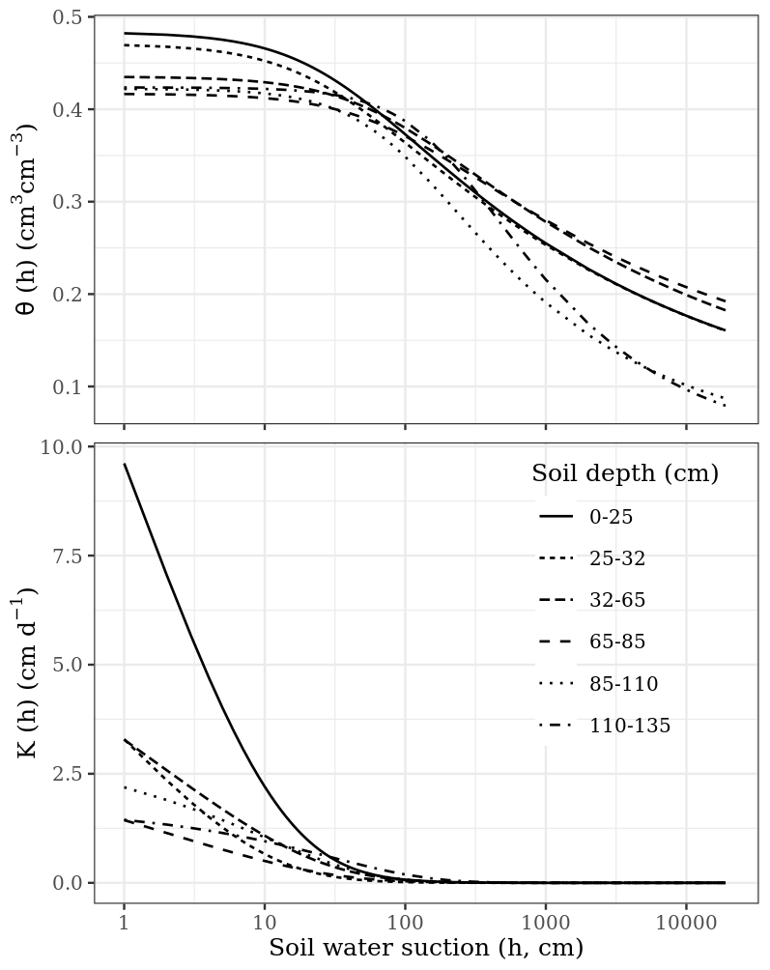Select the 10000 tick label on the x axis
[686, 922]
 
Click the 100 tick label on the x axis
[405, 922]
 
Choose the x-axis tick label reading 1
[124, 922]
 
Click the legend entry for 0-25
[612, 517]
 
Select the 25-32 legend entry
[617, 558]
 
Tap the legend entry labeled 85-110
[624, 684]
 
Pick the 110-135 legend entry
[630, 726]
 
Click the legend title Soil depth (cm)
[625, 474]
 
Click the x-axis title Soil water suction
[426, 948]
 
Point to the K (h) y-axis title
[29, 672]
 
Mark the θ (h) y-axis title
[29, 219]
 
